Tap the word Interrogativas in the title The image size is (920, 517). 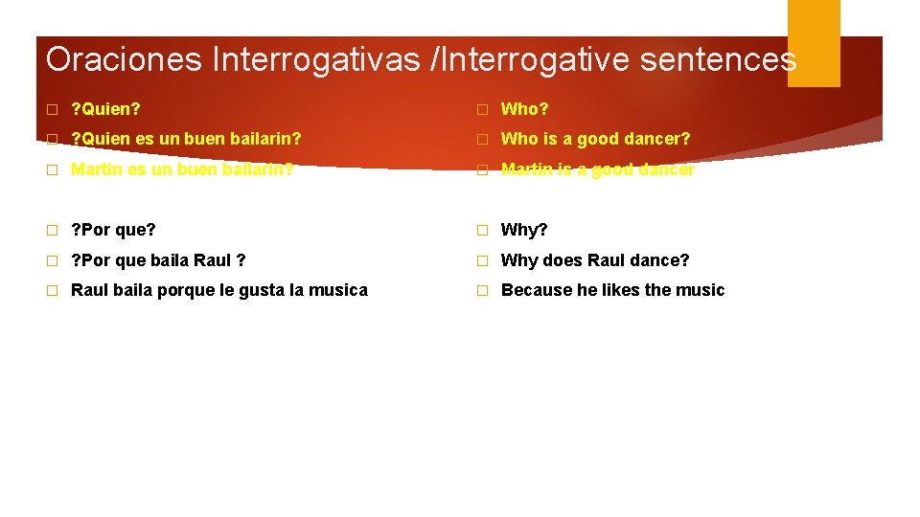pyautogui.click(x=315, y=59)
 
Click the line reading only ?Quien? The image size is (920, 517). pyautogui.click(x=105, y=109)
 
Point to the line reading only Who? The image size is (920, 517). pyautogui.click(x=524, y=109)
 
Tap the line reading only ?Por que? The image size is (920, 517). pyautogui.click(x=113, y=230)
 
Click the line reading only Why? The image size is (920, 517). pyautogui.click(x=524, y=230)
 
